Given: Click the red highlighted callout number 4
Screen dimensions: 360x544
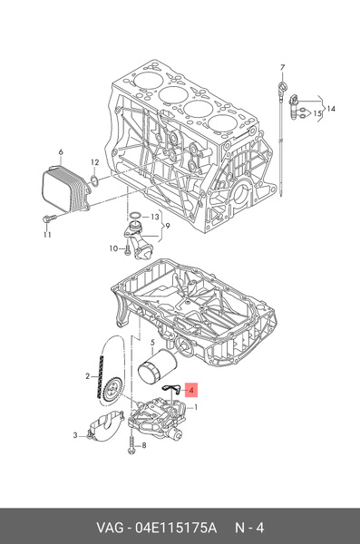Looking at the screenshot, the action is click(x=191, y=390).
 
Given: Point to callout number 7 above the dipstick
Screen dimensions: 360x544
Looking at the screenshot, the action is click(x=282, y=67).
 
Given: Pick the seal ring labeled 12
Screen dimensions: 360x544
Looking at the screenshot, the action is click(x=94, y=180).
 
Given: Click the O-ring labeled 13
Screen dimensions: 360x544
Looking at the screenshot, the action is click(x=135, y=217).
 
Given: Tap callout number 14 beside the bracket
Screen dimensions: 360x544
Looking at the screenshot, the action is click(x=331, y=109).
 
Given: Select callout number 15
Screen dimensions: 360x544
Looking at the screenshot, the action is click(x=317, y=113).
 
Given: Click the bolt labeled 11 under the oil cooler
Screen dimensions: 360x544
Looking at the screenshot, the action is click(x=50, y=219).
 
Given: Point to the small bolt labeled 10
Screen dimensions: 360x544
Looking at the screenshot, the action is click(x=128, y=249).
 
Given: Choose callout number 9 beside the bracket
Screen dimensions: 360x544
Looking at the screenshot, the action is click(x=168, y=226).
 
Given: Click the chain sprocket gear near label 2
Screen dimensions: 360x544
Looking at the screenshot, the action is click(x=112, y=391).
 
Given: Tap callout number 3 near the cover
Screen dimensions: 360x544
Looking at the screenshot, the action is click(x=75, y=434).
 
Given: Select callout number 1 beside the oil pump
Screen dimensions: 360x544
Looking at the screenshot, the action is click(x=196, y=407).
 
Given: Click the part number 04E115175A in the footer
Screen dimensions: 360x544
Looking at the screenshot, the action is click(x=176, y=528).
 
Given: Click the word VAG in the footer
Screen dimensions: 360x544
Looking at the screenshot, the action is click(x=110, y=528).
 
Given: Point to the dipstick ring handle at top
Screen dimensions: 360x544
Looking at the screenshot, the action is click(x=283, y=86).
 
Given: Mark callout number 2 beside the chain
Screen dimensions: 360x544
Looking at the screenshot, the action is click(x=88, y=376).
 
